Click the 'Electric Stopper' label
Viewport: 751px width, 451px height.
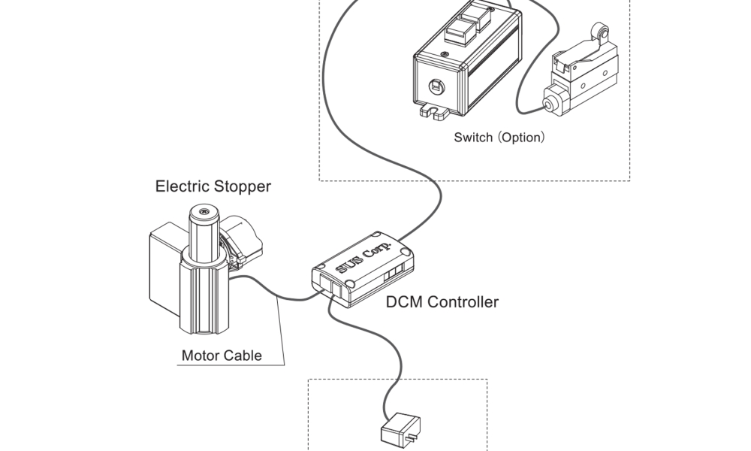click(213, 186)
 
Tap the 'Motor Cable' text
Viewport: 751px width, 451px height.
click(222, 356)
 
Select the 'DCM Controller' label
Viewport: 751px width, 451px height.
click(442, 302)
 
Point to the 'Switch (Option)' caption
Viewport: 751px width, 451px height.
click(499, 138)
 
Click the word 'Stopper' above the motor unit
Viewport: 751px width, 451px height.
click(243, 186)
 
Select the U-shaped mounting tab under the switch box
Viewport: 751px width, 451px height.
click(434, 110)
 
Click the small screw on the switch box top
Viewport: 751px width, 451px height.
click(445, 54)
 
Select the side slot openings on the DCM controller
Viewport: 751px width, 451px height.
click(394, 272)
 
